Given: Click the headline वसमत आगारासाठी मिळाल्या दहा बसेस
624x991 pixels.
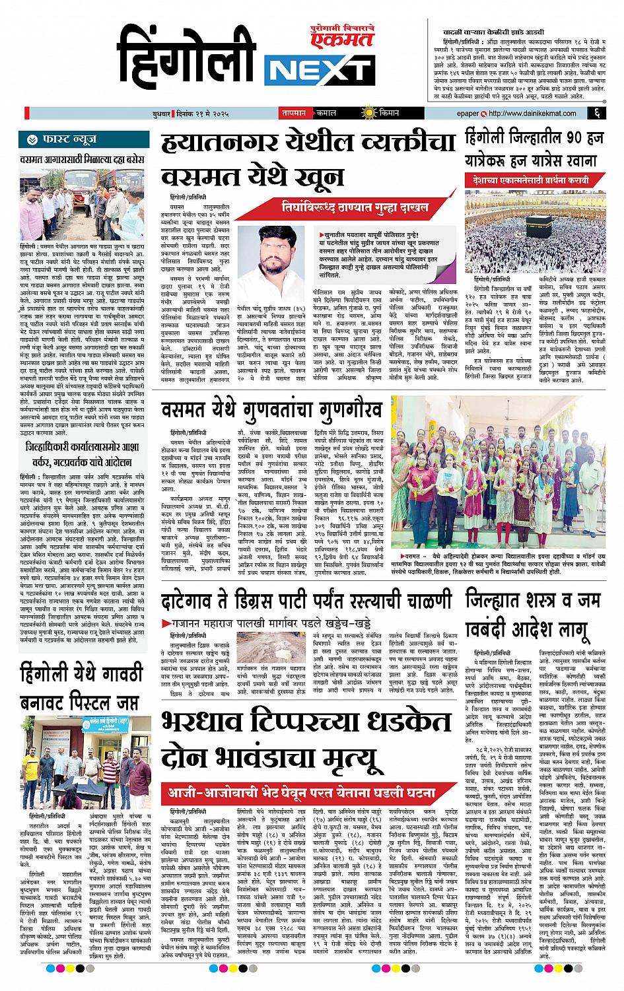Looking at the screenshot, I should tap(81, 159).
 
